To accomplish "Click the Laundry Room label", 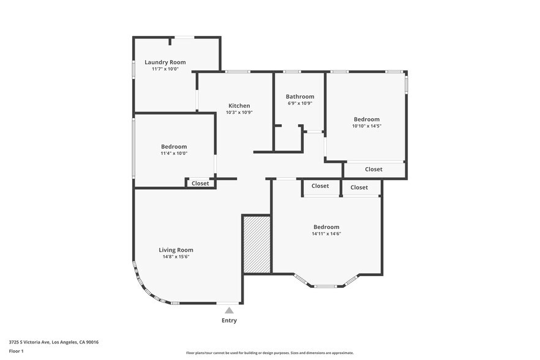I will (x=165, y=62).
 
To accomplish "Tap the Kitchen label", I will (x=239, y=105).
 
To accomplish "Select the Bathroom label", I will (x=300, y=96).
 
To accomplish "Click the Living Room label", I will (x=176, y=250).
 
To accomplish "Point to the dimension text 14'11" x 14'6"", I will (x=326, y=234).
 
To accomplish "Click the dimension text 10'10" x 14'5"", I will (x=366, y=126).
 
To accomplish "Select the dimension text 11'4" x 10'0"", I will (x=174, y=154).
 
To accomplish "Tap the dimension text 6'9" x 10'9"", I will (x=300, y=103).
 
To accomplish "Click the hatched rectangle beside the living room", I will (x=257, y=243).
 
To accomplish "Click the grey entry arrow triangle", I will (x=229, y=310).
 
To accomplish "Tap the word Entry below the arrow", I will (x=229, y=320).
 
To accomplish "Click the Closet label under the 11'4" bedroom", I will (x=200, y=183).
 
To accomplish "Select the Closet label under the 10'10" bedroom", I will (x=373, y=169).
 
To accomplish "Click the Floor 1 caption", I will (x=16, y=351).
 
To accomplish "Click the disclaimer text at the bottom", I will (x=269, y=353).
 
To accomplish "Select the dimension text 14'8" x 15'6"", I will (x=176, y=257).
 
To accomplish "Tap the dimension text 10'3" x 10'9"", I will (x=239, y=113).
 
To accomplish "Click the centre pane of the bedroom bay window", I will (x=326, y=286).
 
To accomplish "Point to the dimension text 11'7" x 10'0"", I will (x=165, y=69).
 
